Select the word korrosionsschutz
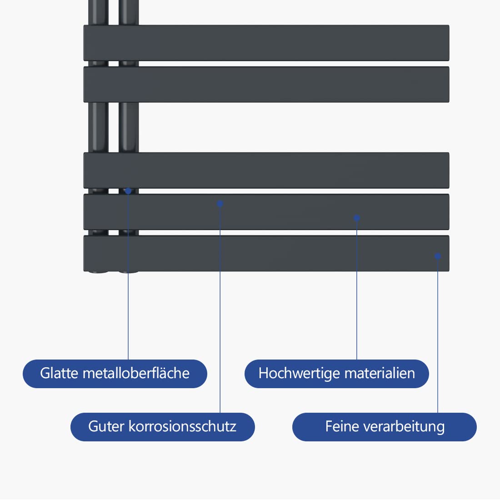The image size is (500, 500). tap(182, 426)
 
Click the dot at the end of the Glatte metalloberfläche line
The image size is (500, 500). tap(128, 191)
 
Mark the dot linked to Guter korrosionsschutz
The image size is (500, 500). tap(220, 204)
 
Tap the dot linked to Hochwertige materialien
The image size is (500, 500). tap(357, 218)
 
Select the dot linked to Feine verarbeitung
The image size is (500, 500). tap(438, 256)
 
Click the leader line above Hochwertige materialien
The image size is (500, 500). tap(357, 291)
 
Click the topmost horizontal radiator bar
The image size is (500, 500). tap(266, 43)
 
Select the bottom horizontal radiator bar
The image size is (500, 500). tap(266, 253)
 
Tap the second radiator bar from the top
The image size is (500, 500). tap(266, 85)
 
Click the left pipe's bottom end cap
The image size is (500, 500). tap(98, 271)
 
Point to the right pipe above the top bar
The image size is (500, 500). tap(129, 12)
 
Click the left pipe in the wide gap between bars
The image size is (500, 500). tap(98, 127)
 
